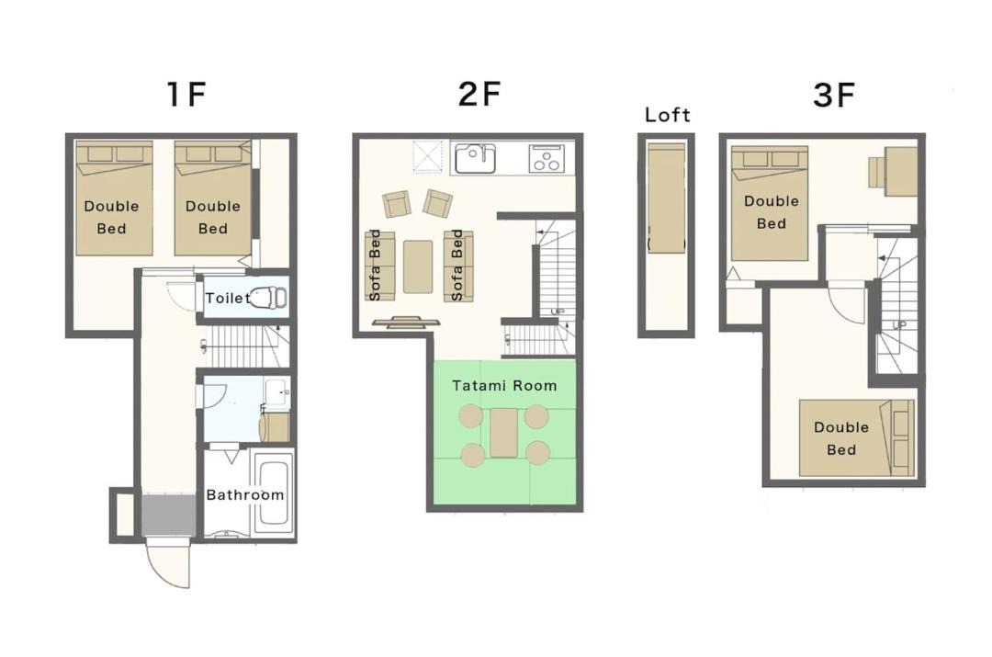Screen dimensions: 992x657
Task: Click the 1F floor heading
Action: pyautogui.click(x=186, y=94)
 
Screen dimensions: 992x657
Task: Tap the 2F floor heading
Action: pyautogui.click(x=479, y=94)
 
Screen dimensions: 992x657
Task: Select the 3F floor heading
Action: pyautogui.click(x=834, y=95)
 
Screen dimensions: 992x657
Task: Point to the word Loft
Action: pyautogui.click(x=668, y=115)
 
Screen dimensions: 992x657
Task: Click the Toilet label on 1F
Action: pyautogui.click(x=228, y=298)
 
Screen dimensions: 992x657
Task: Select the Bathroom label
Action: pyautogui.click(x=245, y=494)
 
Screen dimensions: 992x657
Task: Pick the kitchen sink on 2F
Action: pyautogui.click(x=475, y=158)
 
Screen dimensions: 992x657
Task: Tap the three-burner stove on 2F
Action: pyautogui.click(x=546, y=158)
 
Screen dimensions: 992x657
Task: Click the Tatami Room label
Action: pyautogui.click(x=504, y=385)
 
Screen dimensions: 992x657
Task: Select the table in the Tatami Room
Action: pyautogui.click(x=504, y=433)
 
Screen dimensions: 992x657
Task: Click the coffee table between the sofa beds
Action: pyautogui.click(x=418, y=266)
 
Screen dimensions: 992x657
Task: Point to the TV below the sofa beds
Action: pyautogui.click(x=406, y=323)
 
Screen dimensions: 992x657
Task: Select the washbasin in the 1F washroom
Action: pyautogui.click(x=277, y=392)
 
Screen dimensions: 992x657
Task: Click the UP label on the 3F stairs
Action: pyautogui.click(x=899, y=324)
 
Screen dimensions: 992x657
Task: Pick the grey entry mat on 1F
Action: pyautogui.click(x=169, y=515)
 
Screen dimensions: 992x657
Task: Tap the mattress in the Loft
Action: pyautogui.click(x=666, y=198)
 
